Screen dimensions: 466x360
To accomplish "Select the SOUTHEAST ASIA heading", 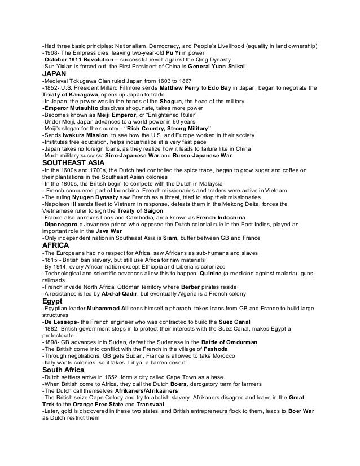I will [x=74, y=162].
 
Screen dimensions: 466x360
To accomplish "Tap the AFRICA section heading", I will [x=56, y=245].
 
